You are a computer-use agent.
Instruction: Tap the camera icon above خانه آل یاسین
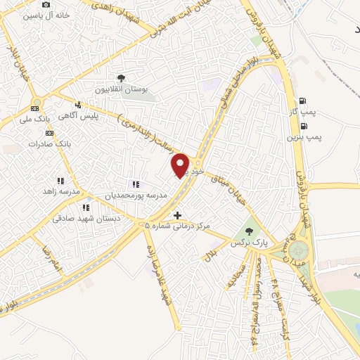coord(46,4)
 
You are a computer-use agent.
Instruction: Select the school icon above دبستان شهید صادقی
coord(86,207)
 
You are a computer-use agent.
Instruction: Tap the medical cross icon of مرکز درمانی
coord(177,215)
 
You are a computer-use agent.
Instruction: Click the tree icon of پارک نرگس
coord(247,231)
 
